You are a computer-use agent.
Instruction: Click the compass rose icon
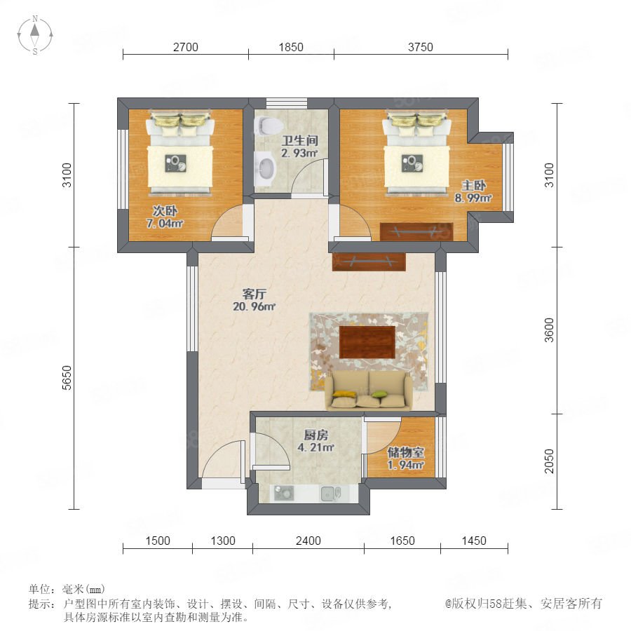35,34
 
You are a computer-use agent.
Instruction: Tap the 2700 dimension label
186,47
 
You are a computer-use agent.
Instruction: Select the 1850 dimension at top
291,47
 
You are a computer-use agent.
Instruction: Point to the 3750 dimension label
421,47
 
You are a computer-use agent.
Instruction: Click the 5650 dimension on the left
67,377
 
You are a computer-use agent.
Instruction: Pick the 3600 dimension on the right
549,330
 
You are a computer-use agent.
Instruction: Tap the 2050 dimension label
549,461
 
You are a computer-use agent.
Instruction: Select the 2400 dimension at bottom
308,541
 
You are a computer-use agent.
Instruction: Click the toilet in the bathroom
268,125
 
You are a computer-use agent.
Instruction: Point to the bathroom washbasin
265,167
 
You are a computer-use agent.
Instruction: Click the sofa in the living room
369,391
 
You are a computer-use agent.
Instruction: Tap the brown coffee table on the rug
367,342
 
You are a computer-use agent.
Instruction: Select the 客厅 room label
254,294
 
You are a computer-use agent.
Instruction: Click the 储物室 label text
406,452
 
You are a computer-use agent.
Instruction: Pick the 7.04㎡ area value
165,223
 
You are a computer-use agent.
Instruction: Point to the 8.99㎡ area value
473,198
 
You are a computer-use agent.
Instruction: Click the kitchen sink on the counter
331,494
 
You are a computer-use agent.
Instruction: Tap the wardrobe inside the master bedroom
416,232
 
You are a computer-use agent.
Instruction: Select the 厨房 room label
316,435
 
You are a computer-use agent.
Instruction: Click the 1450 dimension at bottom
474,541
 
